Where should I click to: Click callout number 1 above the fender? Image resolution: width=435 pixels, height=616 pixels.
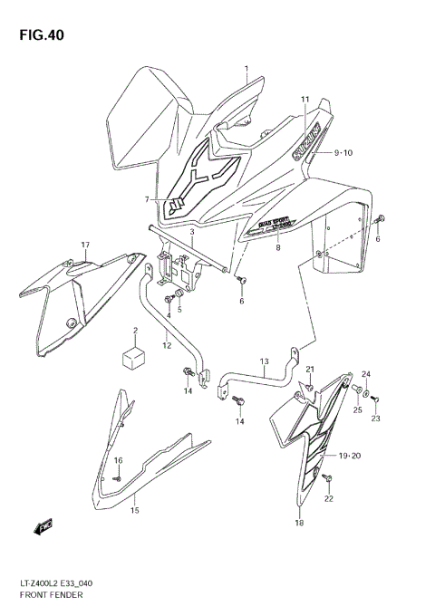point(246,70)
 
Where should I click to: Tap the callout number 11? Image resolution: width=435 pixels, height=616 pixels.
point(304,99)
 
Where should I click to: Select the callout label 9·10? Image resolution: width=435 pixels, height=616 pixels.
point(342,153)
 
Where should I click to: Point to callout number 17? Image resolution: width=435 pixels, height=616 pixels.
point(84,245)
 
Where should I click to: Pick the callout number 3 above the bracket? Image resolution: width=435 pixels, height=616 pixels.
point(191,232)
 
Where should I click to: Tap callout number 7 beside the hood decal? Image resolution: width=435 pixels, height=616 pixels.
point(145,199)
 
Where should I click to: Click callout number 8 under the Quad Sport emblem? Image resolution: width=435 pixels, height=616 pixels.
point(278,246)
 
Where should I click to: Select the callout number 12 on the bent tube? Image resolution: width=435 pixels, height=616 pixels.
point(166,344)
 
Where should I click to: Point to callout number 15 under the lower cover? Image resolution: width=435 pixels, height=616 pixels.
point(133,510)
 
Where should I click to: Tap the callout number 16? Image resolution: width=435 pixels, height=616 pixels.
point(117,461)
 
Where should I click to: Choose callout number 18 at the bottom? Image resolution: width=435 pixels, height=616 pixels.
point(299,523)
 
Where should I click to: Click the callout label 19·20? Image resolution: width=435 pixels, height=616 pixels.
point(349,456)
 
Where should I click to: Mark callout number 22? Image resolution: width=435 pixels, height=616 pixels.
point(328,499)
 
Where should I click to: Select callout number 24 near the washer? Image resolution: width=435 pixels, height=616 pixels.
point(366,374)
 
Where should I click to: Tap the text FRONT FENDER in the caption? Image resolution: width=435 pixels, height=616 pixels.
point(53,600)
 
